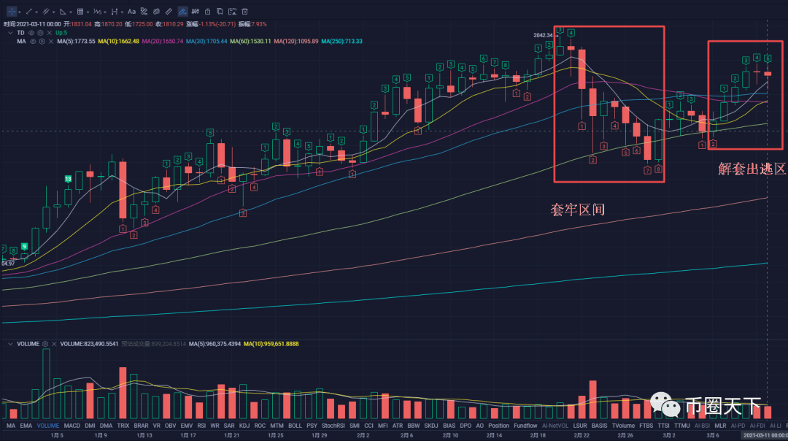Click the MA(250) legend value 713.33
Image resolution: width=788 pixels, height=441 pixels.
pos(345,41)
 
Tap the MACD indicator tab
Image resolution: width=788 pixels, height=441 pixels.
pos(72,425)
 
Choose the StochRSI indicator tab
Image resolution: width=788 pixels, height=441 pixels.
pos(333,425)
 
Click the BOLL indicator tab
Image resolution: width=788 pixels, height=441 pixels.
pos(295,425)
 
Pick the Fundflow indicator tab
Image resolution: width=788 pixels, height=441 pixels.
pos(525,425)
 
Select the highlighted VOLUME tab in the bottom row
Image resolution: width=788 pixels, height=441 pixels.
pos(48,425)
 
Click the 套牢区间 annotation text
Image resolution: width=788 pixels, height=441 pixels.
pos(577,210)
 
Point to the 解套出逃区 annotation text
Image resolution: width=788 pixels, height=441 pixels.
pos(752,169)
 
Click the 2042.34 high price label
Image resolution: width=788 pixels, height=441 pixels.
pos(544,34)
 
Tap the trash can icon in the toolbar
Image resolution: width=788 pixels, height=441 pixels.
pos(244,12)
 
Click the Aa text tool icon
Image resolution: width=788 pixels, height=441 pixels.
pos(131,12)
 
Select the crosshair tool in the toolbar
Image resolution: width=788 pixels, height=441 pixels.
pos(11,12)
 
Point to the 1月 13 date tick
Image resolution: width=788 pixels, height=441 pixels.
pos(144,435)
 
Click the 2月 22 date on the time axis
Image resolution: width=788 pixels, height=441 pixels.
pos(582,435)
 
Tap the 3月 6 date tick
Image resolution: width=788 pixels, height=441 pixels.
pos(713,435)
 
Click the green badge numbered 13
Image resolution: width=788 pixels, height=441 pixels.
pos(68,179)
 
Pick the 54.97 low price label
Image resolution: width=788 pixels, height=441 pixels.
pos(9,263)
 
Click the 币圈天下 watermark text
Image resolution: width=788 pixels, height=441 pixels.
pos(722,405)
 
